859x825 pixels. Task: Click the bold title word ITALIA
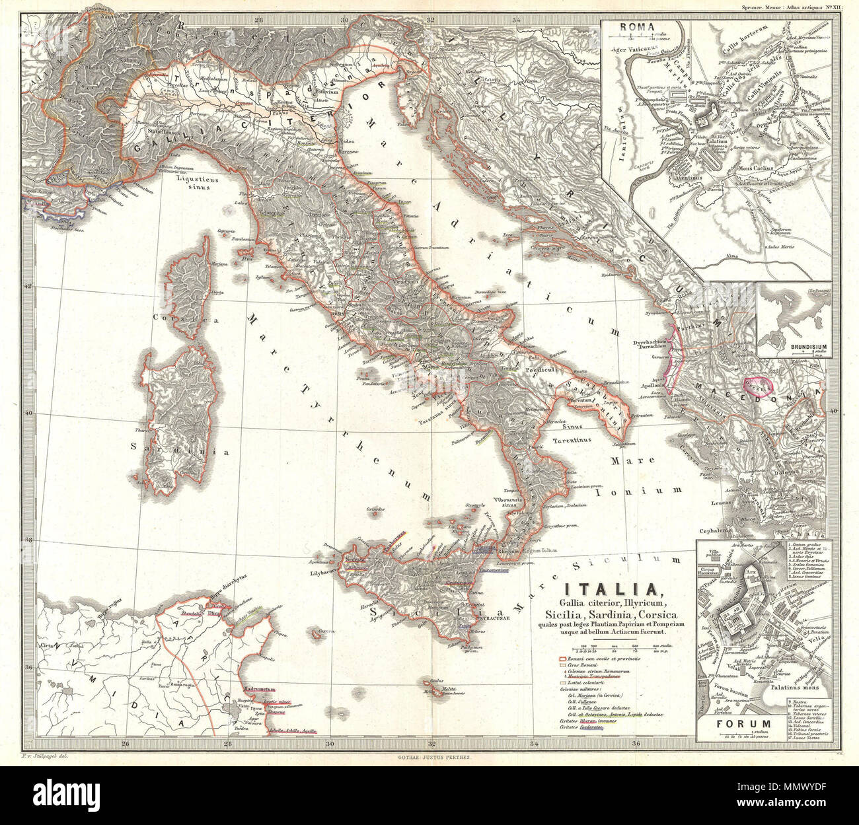coord(609,587)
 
